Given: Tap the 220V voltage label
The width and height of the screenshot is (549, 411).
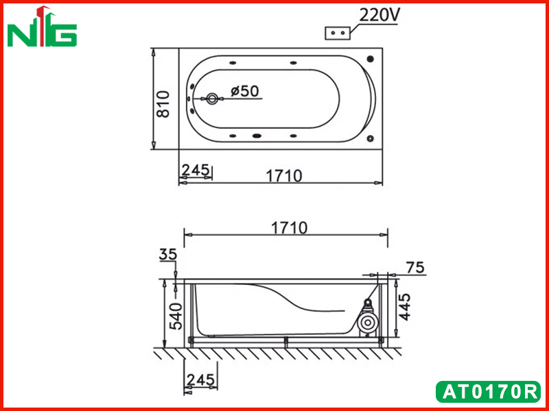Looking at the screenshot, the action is point(379,15).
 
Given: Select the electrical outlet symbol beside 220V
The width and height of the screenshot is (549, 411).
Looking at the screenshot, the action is point(338,33).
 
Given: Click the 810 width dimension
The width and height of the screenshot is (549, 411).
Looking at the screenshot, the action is point(163,104).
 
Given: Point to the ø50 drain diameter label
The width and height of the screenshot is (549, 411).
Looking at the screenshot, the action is point(245,91).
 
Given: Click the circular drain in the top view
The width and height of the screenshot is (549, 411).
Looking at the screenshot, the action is point(211,99).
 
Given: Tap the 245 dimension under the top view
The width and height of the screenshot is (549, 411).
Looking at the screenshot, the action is point(196,170).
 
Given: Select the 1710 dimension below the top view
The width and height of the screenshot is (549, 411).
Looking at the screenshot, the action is point(284,176).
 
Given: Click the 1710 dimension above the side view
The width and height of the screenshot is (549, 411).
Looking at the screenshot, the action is point(289,228).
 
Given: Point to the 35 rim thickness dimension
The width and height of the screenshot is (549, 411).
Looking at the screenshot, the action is point(168,254).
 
